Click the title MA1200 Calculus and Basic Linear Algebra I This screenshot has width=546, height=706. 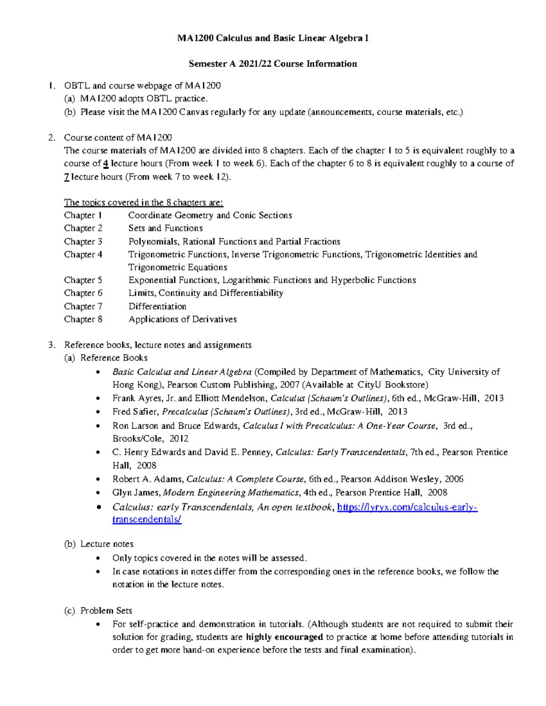[273, 38]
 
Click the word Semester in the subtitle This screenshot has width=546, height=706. [207, 64]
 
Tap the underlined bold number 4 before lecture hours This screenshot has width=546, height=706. [106, 164]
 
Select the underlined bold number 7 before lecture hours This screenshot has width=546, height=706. [66, 177]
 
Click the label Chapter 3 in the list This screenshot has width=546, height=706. [83, 241]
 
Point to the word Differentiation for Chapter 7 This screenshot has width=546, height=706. [157, 306]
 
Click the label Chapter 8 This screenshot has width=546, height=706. [83, 319]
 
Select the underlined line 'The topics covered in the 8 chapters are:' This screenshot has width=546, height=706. [143, 202]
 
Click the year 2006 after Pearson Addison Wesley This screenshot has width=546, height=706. [454, 479]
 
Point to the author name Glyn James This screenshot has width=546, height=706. [136, 493]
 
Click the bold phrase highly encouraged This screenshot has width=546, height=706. [284, 637]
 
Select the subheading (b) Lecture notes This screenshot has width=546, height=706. [106, 544]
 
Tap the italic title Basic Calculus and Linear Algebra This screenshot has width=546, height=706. [182, 372]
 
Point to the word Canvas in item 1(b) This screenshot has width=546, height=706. [194, 112]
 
